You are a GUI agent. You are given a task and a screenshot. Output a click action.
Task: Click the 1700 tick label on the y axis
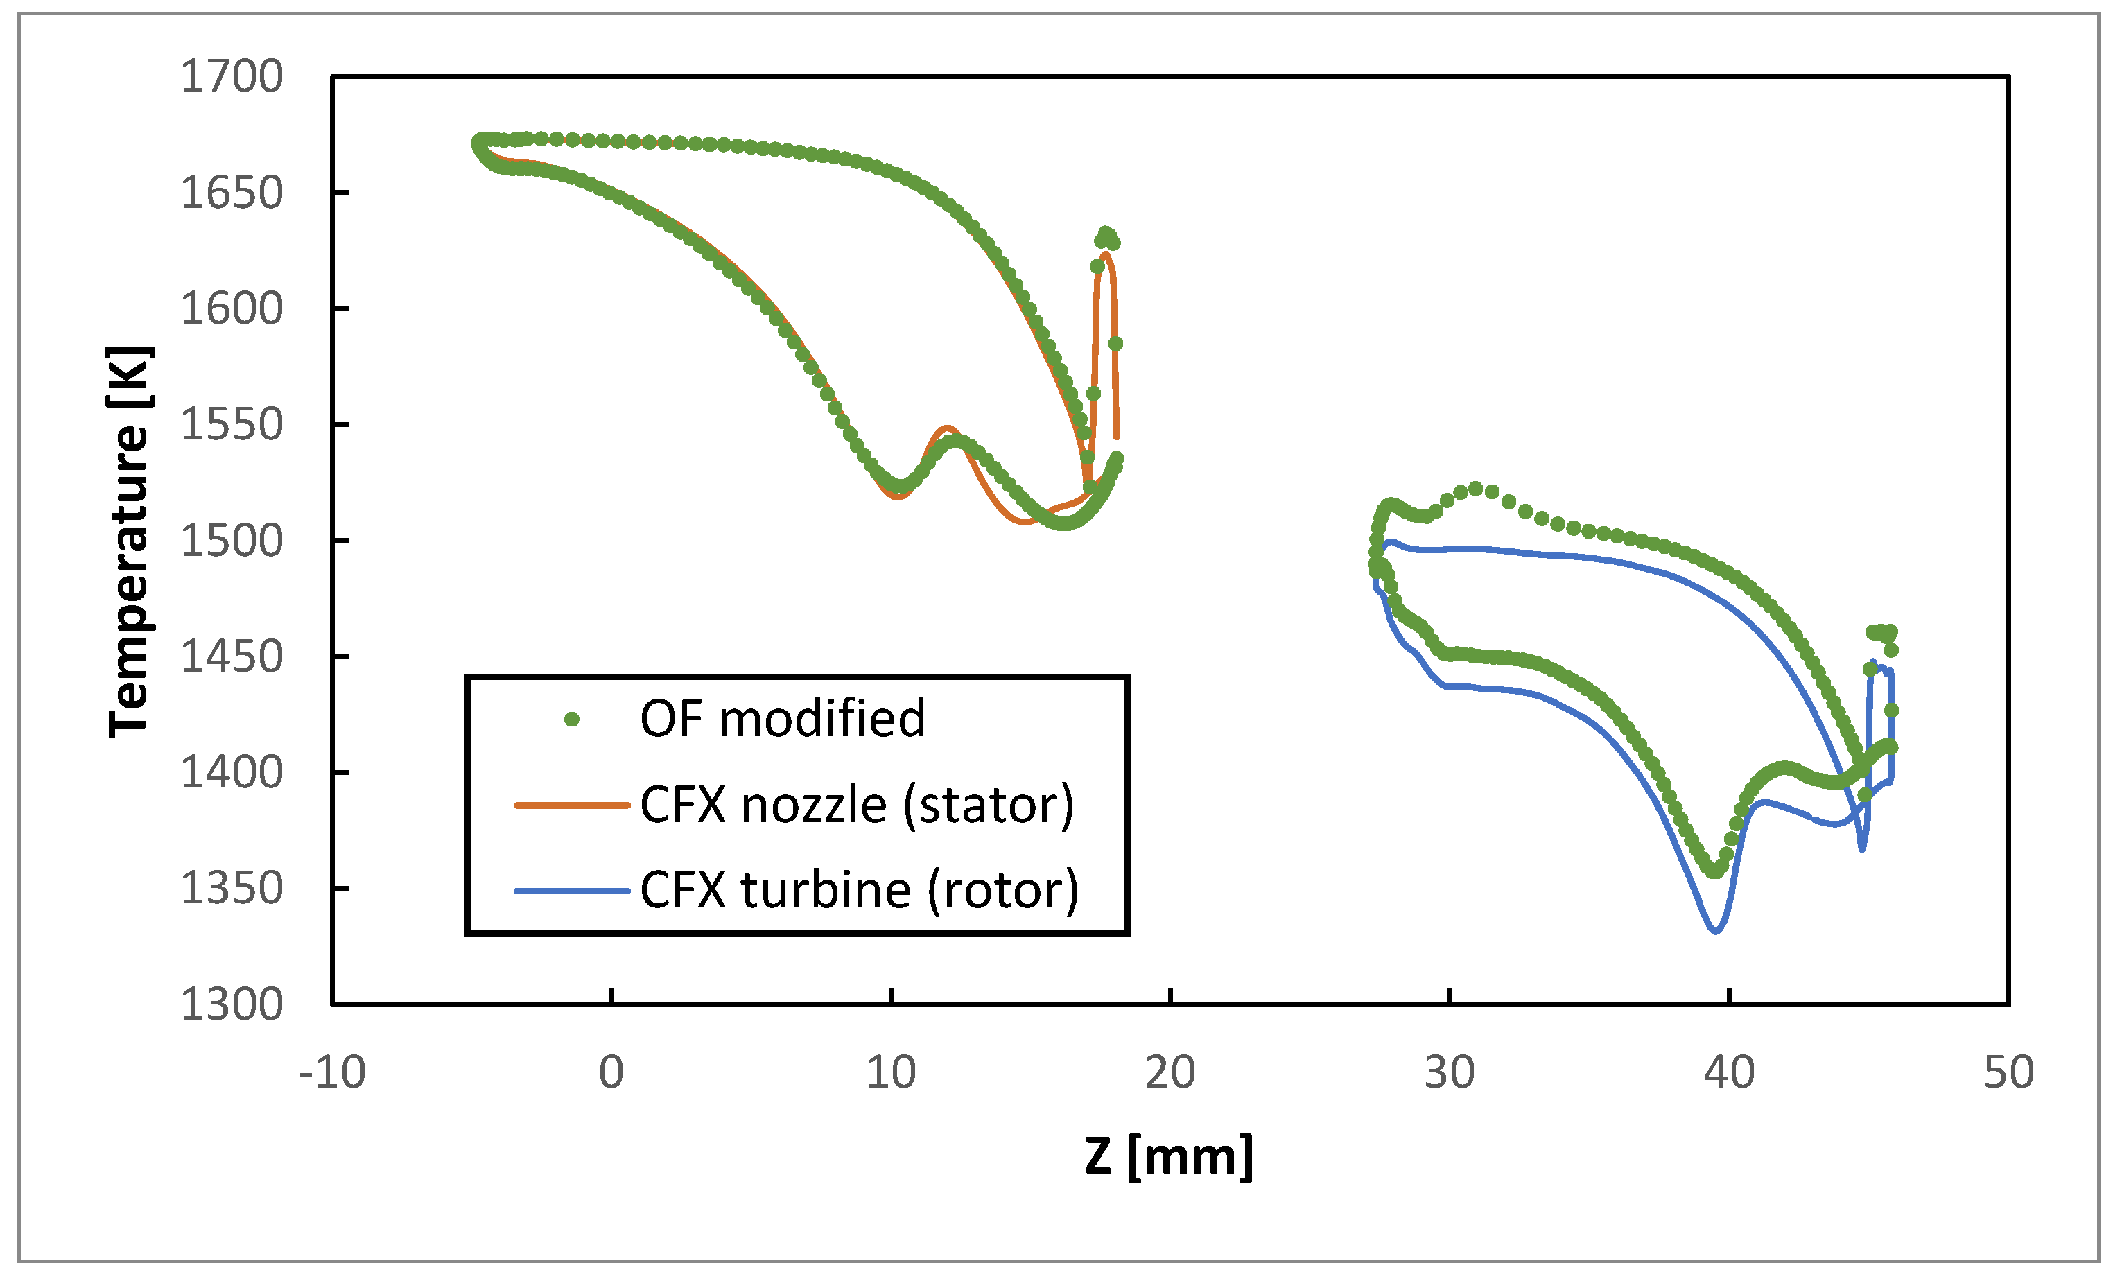tap(231, 77)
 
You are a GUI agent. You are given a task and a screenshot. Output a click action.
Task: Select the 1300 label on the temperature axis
tap(231, 1004)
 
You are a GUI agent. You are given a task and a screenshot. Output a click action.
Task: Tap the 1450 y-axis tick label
tap(231, 657)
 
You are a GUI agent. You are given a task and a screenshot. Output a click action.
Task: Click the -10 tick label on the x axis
tap(332, 1072)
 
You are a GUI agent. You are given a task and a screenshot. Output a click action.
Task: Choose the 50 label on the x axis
tap(2008, 1072)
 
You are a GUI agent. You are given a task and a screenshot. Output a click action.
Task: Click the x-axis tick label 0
tap(611, 1072)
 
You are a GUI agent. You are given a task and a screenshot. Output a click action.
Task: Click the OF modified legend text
tap(782, 719)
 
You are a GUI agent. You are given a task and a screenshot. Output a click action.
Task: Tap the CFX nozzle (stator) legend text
tap(857, 805)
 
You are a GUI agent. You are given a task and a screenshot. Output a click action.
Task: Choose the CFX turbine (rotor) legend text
tap(859, 890)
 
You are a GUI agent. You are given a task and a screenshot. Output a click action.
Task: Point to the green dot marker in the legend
tap(572, 720)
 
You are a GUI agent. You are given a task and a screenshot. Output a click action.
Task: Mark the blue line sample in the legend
tap(572, 891)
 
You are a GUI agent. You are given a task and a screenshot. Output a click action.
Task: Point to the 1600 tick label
tap(231, 308)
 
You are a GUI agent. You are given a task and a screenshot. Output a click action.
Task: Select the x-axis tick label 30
tap(1450, 1072)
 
